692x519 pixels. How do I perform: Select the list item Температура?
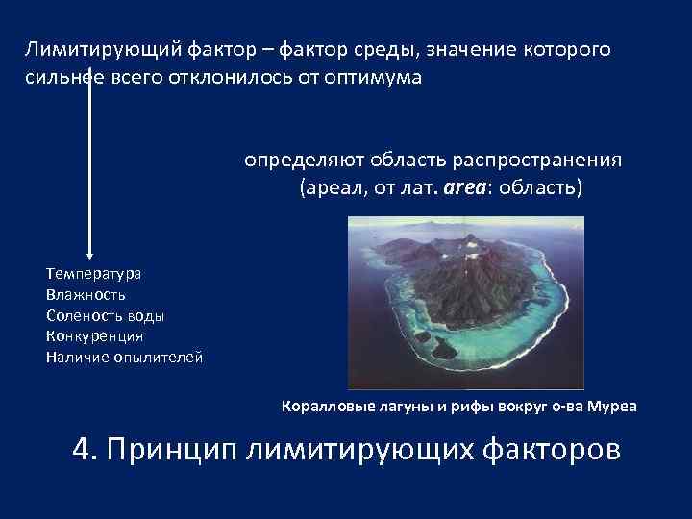click(x=93, y=273)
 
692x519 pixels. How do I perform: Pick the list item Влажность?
click(x=86, y=294)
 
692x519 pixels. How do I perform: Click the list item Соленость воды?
click(x=105, y=315)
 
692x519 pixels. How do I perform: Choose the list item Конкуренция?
click(x=94, y=336)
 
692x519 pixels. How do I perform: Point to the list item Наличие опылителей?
click(x=124, y=358)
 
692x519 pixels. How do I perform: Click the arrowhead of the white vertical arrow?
click(x=89, y=252)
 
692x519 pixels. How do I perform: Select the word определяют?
click(x=298, y=160)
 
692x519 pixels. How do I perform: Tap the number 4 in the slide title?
click(x=83, y=450)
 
